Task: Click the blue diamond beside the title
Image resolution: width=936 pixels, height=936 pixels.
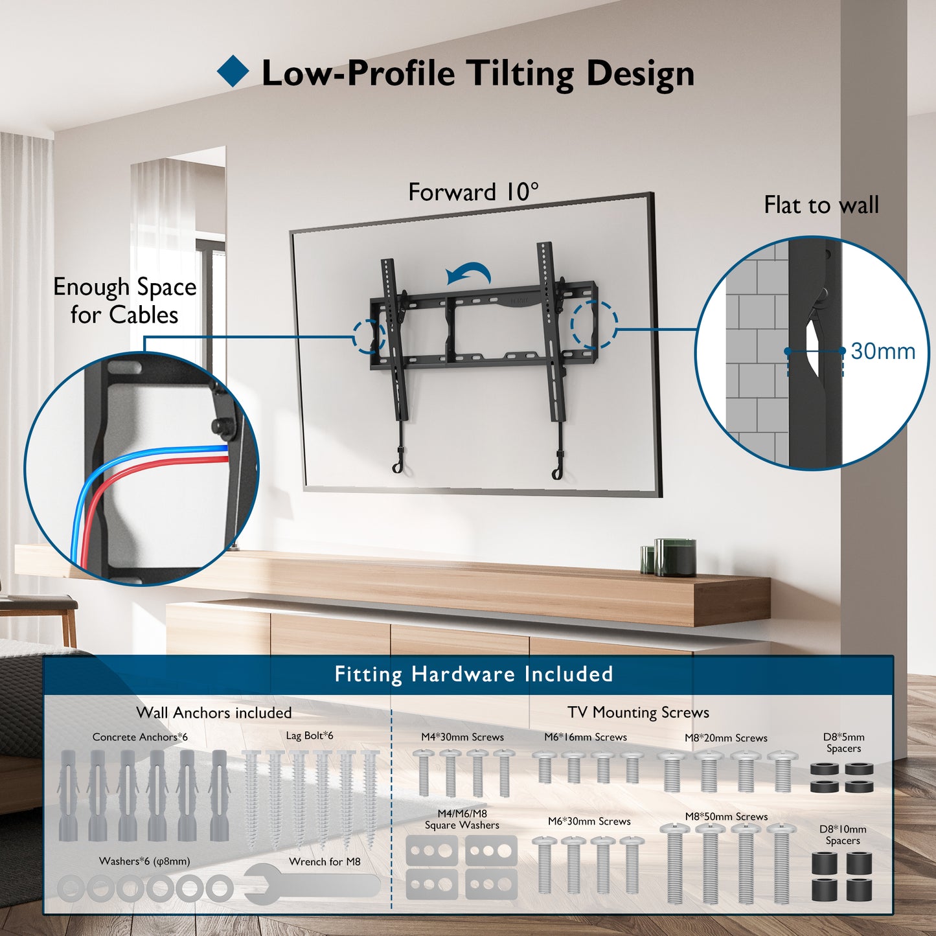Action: coord(233,71)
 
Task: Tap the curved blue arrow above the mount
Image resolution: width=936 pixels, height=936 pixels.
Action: coord(469,273)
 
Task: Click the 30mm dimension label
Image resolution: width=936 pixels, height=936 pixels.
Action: coord(883,350)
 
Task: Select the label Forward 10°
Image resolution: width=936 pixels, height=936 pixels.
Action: coord(474,192)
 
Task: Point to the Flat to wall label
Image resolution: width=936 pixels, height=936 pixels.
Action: coord(821,205)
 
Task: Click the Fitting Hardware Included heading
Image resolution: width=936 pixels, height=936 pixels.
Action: coord(474,675)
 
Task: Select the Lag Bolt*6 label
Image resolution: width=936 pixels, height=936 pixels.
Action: coord(310,735)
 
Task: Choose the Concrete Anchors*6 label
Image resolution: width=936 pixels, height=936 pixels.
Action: coord(140,737)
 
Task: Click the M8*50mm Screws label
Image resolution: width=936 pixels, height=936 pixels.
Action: coord(726,817)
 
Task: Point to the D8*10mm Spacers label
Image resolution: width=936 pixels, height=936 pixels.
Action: coord(843,834)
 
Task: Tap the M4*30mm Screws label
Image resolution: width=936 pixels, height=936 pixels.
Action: coord(462,737)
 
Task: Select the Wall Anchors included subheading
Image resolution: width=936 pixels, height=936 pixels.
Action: coord(214,713)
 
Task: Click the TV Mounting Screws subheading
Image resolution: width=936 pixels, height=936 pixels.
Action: coord(638,713)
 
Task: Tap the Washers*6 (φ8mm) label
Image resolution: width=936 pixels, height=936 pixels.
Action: coord(144,862)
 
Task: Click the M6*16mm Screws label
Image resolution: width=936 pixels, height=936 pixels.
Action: coord(586,737)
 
